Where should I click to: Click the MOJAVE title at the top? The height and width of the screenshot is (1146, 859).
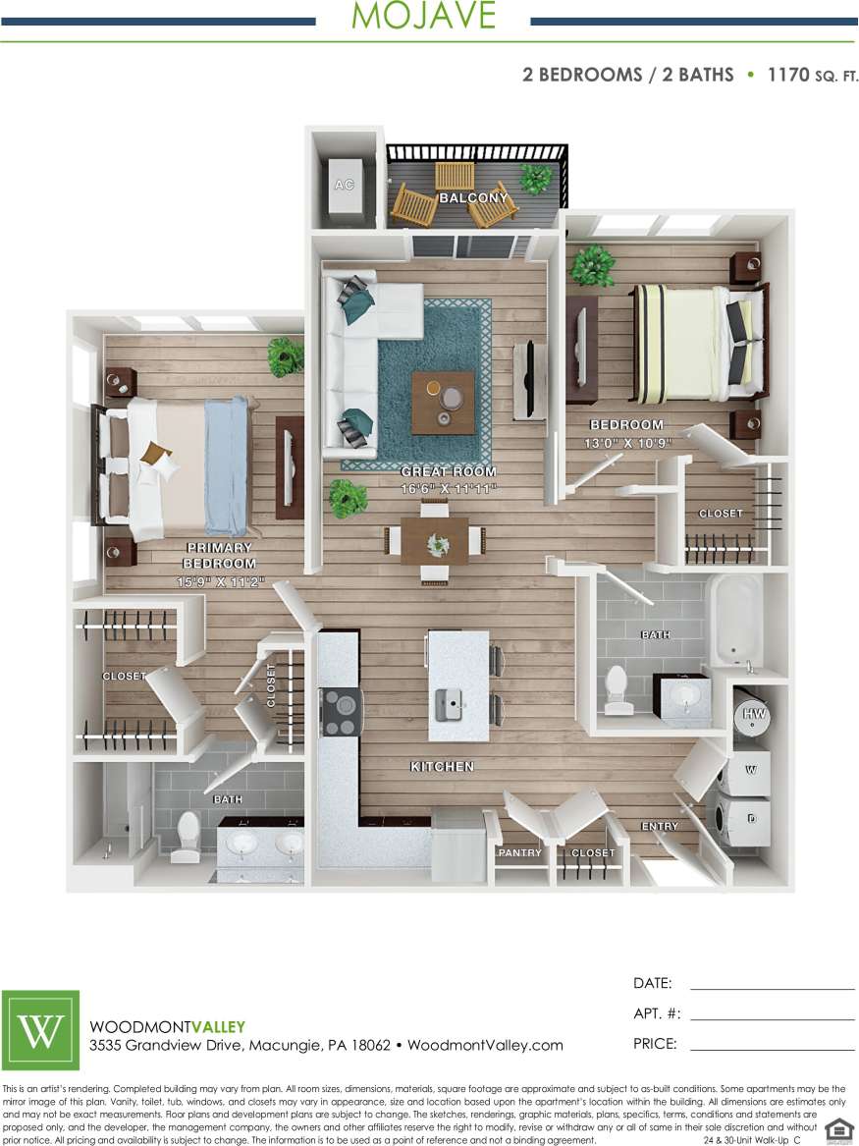click(423, 17)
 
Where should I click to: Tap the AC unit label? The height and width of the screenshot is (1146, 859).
click(344, 185)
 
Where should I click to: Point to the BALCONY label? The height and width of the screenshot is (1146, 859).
click(474, 198)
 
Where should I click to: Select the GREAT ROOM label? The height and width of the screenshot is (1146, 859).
click(450, 472)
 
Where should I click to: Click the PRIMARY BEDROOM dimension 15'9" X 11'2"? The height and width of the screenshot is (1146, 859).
click(219, 581)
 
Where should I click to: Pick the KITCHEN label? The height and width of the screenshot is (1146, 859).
click(443, 766)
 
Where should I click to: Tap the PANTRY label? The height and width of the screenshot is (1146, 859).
click(520, 852)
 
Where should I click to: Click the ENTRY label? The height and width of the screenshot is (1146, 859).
click(660, 826)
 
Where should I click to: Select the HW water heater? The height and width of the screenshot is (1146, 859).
click(754, 714)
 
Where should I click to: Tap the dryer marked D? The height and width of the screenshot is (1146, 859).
click(750, 818)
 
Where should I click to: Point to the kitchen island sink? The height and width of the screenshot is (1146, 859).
click(450, 701)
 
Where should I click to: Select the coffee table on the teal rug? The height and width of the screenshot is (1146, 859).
click(443, 402)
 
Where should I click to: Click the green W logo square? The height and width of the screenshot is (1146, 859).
click(41, 1030)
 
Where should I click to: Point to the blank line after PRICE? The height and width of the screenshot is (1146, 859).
click(772, 1050)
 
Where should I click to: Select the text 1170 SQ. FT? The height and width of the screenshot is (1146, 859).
click(812, 75)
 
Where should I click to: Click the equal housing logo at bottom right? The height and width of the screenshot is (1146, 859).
click(838, 1130)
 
